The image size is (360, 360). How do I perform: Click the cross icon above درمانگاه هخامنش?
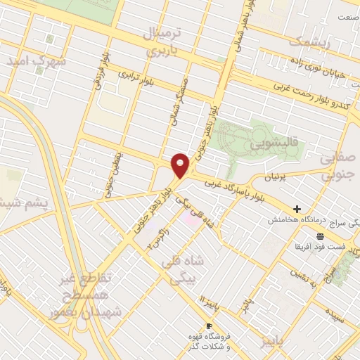pyautogui.click(x=297, y=209)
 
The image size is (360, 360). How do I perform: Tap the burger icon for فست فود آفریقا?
pyautogui.click(x=320, y=235)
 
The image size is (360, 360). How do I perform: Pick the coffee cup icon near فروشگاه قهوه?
pyautogui.click(x=209, y=326)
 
